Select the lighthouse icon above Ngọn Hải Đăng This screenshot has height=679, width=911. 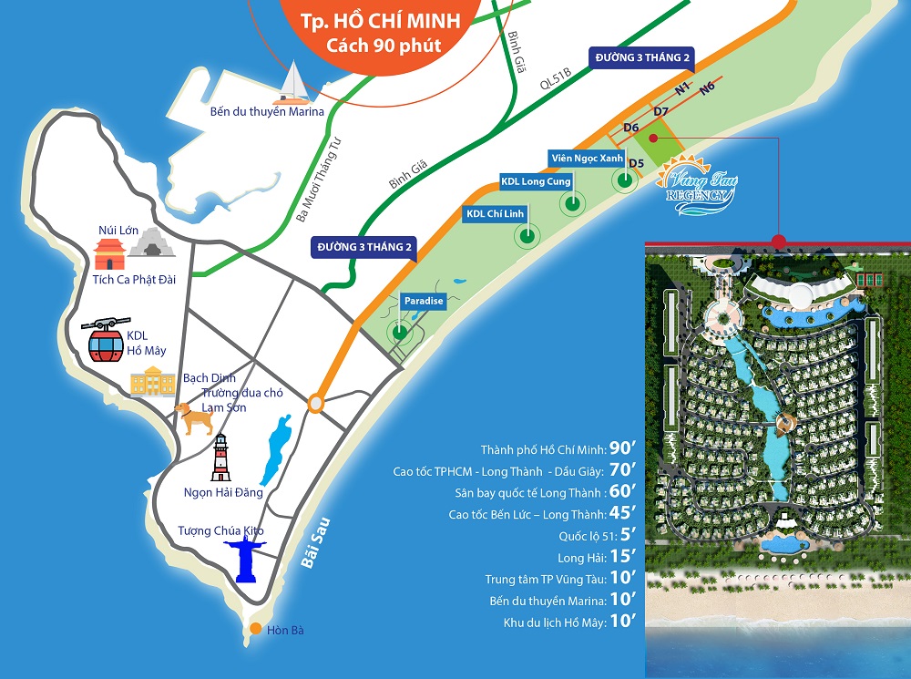[x=220, y=458]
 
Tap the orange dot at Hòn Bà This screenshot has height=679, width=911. [x=258, y=629]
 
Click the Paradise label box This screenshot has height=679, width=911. [x=424, y=302]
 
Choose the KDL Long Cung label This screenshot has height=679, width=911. [x=536, y=181]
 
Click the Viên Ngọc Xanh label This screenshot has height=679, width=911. [x=587, y=158]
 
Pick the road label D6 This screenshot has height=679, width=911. [x=630, y=129]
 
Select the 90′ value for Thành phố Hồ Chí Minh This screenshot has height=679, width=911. [x=621, y=449]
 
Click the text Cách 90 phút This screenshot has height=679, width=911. [x=378, y=45]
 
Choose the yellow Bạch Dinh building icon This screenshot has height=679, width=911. [x=153, y=383]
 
